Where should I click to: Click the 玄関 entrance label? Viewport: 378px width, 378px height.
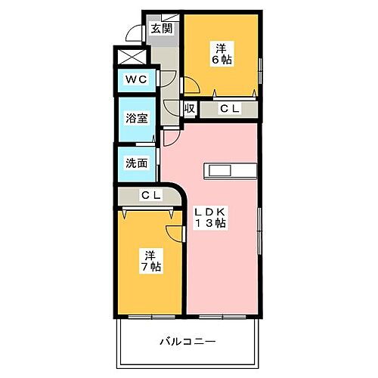[x=160, y=29]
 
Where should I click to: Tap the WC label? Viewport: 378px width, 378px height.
[x=136, y=79]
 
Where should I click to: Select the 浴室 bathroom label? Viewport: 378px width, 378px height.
[x=136, y=119]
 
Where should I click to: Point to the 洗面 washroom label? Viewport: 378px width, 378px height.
[x=136, y=162]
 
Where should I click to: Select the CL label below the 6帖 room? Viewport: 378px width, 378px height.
[x=229, y=109]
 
